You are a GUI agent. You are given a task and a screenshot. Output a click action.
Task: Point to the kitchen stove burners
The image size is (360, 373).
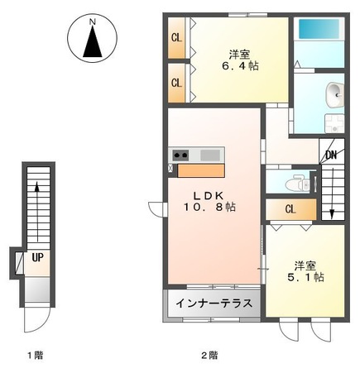181,155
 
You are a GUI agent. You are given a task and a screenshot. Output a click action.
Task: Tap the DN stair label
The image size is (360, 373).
330,155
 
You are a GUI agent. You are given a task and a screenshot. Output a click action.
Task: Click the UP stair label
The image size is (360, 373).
37,256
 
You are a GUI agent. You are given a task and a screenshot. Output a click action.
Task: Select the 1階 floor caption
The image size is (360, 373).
34,355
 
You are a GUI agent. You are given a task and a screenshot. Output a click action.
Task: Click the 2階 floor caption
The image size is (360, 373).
209,355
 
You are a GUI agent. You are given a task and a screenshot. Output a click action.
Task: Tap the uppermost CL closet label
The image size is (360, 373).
176,37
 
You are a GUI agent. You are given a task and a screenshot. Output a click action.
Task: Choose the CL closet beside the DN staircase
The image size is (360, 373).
290,209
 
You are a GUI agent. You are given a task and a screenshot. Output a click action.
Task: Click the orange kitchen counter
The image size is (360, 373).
200,171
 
